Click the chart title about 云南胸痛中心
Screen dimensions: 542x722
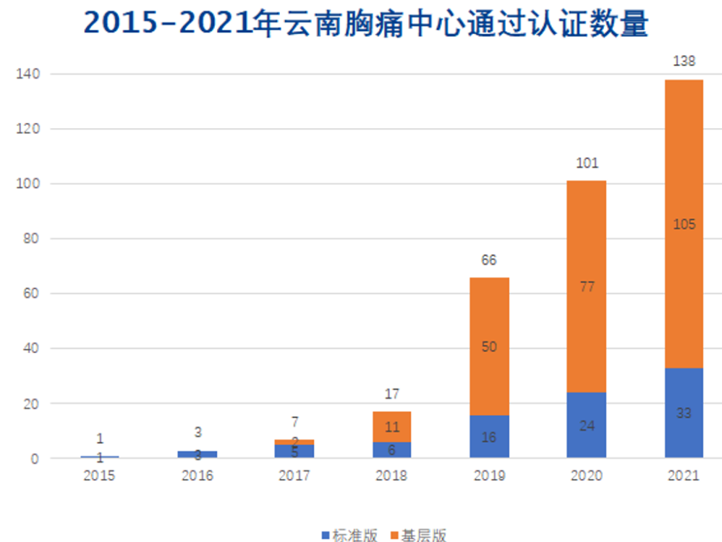[x=365, y=24]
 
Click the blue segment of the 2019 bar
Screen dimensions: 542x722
[x=489, y=436]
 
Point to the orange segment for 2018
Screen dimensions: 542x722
[x=391, y=427]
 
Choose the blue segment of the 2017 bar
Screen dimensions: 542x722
[x=294, y=451]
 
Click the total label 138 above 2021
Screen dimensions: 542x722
[x=684, y=62]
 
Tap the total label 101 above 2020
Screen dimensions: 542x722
[x=586, y=163]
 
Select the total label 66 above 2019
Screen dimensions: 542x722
[x=489, y=260]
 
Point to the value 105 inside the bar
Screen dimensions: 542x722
[x=684, y=224]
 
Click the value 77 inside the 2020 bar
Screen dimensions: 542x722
[x=586, y=287]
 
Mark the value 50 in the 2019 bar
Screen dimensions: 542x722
[x=489, y=347]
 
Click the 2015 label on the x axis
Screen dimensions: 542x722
[x=99, y=475]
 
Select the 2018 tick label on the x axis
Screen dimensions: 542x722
[x=391, y=475]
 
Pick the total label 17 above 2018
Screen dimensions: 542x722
[x=391, y=394]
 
